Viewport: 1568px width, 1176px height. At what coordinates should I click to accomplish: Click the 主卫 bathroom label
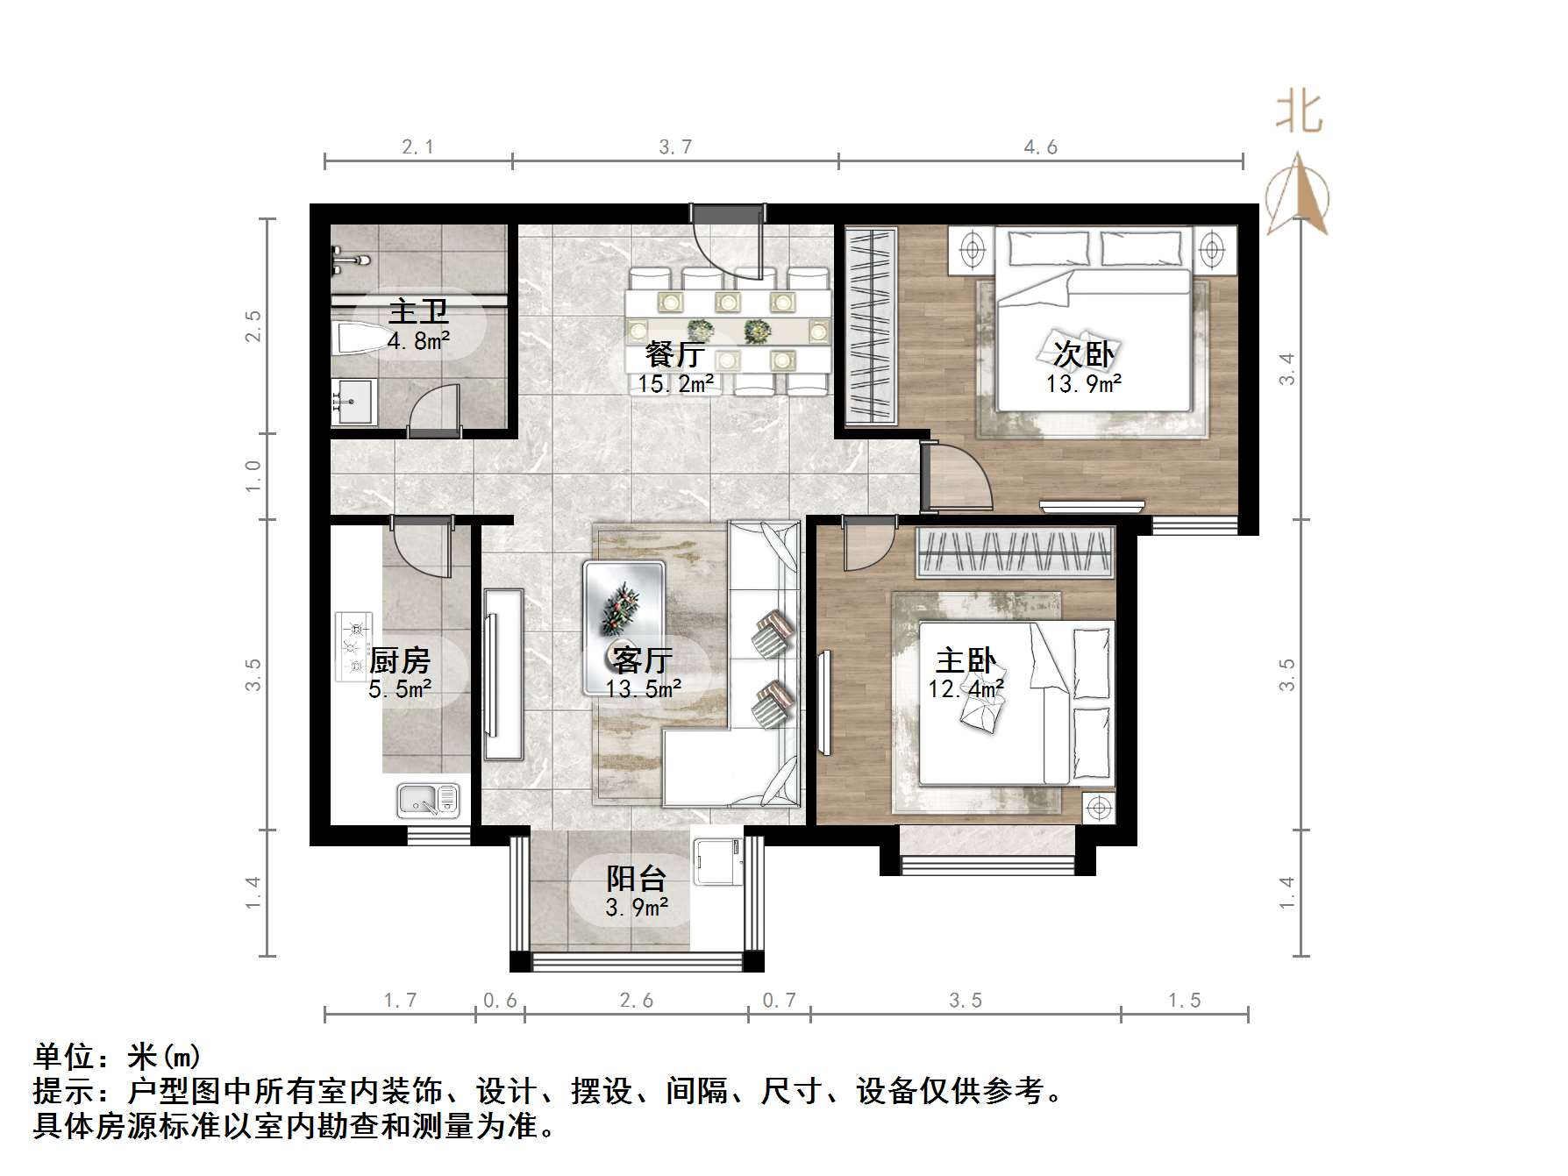(x=418, y=311)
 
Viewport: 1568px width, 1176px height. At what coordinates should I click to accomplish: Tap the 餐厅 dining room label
(x=674, y=355)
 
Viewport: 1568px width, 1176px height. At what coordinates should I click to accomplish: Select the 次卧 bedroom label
(x=1084, y=354)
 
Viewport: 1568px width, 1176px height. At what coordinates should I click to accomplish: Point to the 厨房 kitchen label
(x=400, y=660)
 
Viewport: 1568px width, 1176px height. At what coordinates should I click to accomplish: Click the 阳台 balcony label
(x=637, y=878)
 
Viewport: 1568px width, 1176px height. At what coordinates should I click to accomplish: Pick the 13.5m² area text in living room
(x=644, y=689)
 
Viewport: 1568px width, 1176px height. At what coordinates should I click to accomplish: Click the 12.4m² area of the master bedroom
(x=966, y=688)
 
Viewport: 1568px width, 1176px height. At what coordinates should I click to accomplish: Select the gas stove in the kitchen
(x=353, y=647)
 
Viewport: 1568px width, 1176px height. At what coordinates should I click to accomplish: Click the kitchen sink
(x=429, y=800)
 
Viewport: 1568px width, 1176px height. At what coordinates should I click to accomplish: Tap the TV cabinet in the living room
(x=503, y=674)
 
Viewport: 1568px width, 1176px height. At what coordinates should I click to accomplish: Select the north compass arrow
(x=1300, y=195)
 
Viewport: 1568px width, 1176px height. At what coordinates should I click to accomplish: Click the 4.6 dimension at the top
(x=1040, y=147)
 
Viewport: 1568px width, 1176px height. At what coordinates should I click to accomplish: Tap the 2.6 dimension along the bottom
(x=636, y=1001)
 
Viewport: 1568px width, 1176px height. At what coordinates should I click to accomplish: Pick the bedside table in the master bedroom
(x=1098, y=808)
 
